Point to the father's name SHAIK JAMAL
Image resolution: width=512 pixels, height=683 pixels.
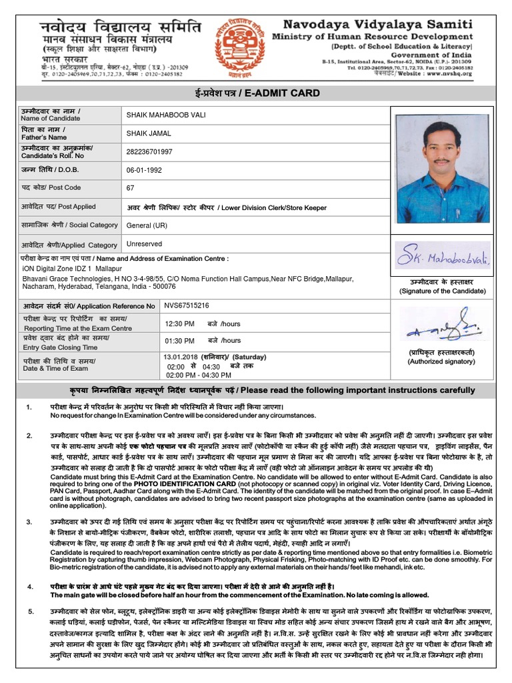tap(145, 133)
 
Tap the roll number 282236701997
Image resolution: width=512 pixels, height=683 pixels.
tap(149, 152)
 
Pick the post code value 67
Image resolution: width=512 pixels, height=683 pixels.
tap(131, 188)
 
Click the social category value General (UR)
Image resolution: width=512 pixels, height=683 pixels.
tap(147, 225)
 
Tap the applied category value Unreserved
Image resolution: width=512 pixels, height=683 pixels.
tap(144, 244)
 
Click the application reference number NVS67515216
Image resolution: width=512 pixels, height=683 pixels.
tap(187, 305)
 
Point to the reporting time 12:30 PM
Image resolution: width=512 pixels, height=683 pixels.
tap(180, 323)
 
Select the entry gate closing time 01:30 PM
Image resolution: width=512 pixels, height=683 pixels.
tap(180, 341)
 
